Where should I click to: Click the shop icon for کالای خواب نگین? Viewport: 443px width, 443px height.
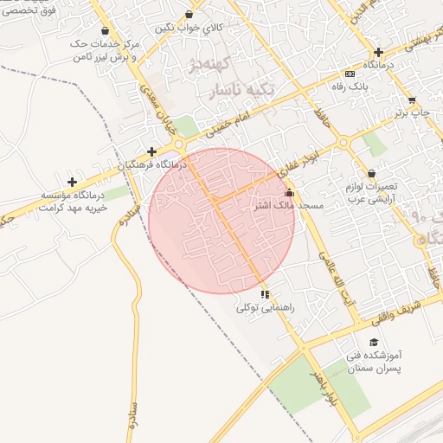pyautogui.click(x=189, y=15)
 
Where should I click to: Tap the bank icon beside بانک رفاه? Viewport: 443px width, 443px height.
pyautogui.click(x=349, y=74)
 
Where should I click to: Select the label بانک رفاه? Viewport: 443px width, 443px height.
pyautogui.click(x=350, y=87)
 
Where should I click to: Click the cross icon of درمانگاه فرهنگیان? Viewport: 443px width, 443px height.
pyautogui.click(x=151, y=151)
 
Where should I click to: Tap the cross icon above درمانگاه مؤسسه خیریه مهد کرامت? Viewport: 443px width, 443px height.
pyautogui.click(x=72, y=182)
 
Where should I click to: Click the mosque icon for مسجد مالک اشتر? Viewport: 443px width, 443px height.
pyautogui.click(x=289, y=192)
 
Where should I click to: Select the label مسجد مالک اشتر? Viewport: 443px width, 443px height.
pyautogui.click(x=289, y=206)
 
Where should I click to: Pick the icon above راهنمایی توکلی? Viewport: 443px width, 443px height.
pyautogui.click(x=265, y=294)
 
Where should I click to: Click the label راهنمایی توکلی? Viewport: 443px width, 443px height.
pyautogui.click(x=266, y=307)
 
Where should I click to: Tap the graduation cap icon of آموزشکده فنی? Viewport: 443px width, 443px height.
pyautogui.click(x=373, y=343)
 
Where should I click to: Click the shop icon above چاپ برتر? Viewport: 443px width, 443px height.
pyautogui.click(x=411, y=100)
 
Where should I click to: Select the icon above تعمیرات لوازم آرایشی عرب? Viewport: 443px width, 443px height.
pyautogui.click(x=371, y=173)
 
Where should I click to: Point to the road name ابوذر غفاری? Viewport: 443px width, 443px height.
pyautogui.click(x=305, y=159)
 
